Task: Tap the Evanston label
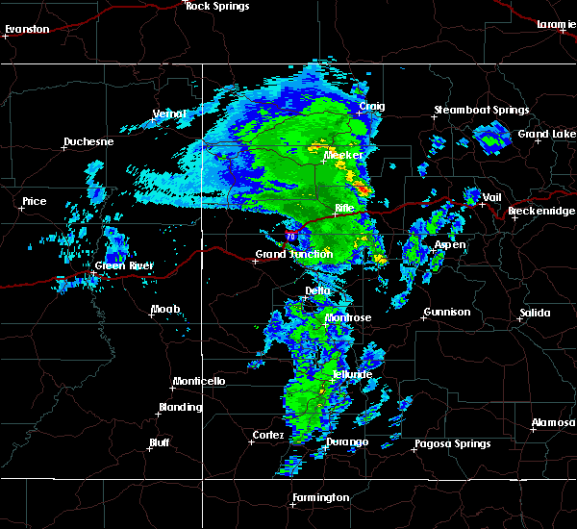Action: (x=27, y=29)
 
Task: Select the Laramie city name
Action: (x=556, y=23)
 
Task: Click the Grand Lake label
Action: (x=547, y=134)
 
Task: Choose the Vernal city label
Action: (x=169, y=113)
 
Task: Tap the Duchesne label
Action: (x=88, y=142)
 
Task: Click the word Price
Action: (x=35, y=201)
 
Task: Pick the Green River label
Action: (x=124, y=265)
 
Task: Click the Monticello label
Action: (x=199, y=381)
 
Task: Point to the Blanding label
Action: (x=181, y=407)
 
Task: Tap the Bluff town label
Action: (x=159, y=442)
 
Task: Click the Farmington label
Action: (x=322, y=497)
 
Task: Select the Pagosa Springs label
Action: (x=452, y=443)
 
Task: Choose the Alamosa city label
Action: (x=553, y=423)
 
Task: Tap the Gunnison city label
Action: (x=447, y=312)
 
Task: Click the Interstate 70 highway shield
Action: (x=290, y=234)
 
